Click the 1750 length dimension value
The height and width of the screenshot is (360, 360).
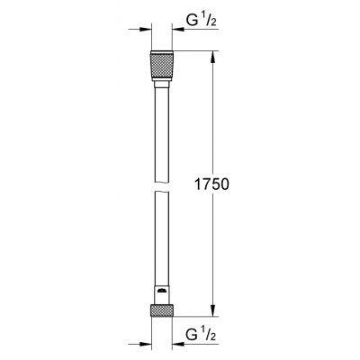(x=211, y=184)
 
